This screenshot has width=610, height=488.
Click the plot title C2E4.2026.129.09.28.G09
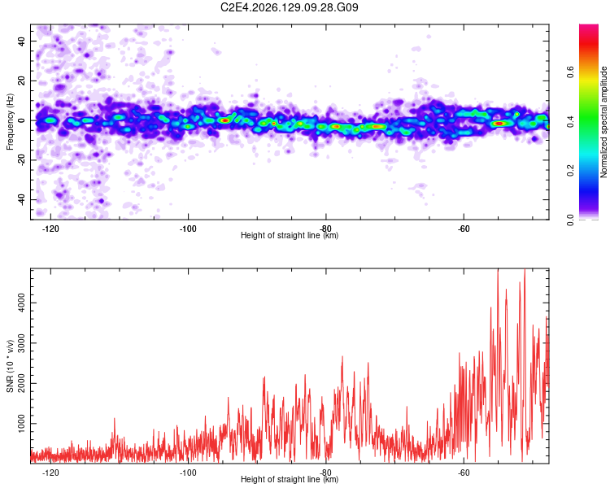pyautogui.click(x=289, y=7)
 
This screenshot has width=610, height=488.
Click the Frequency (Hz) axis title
pyautogui.click(x=10, y=121)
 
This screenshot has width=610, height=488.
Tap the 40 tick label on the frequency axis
pyautogui.click(x=22, y=41)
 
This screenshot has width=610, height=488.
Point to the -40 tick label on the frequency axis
pyautogui.click(x=22, y=199)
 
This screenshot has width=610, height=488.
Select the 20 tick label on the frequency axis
pyautogui.click(x=22, y=81)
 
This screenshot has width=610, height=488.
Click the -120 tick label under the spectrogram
pyautogui.click(x=50, y=229)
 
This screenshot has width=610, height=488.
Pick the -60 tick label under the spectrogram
pyautogui.click(x=464, y=229)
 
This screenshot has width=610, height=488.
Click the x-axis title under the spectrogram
pyautogui.click(x=290, y=235)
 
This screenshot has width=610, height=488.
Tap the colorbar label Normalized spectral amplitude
pyautogui.click(x=603, y=121)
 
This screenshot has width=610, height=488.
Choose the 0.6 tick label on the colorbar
pyautogui.click(x=570, y=72)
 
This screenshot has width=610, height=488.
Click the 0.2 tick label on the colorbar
pyautogui.click(x=570, y=171)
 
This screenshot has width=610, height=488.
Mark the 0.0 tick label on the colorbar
pyautogui.click(x=570, y=220)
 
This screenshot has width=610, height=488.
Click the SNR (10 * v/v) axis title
pyautogui.click(x=10, y=366)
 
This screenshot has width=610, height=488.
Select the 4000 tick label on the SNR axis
pyautogui.click(x=22, y=303)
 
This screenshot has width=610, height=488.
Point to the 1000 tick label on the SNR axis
pyautogui.click(x=22, y=424)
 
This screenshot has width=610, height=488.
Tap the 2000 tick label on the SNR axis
pyautogui.click(x=22, y=383)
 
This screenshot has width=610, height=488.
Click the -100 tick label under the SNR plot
pyautogui.click(x=189, y=473)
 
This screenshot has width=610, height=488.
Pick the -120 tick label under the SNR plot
pyautogui.click(x=50, y=473)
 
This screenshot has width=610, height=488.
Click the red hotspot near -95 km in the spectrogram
pyautogui.click(x=224, y=120)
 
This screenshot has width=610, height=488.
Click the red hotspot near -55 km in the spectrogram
pyautogui.click(x=499, y=124)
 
